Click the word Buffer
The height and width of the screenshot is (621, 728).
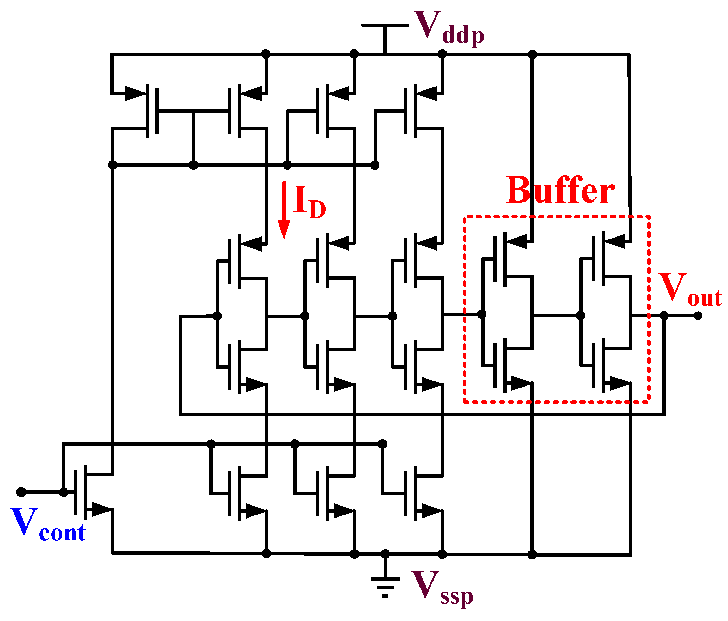click(560, 191)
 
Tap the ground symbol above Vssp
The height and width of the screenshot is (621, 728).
click(386, 586)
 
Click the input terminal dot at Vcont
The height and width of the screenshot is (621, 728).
click(22, 492)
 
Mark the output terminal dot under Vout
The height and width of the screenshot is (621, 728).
click(699, 316)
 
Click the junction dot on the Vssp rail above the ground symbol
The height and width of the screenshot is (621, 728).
click(386, 554)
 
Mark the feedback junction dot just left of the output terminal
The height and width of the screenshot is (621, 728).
click(664, 316)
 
